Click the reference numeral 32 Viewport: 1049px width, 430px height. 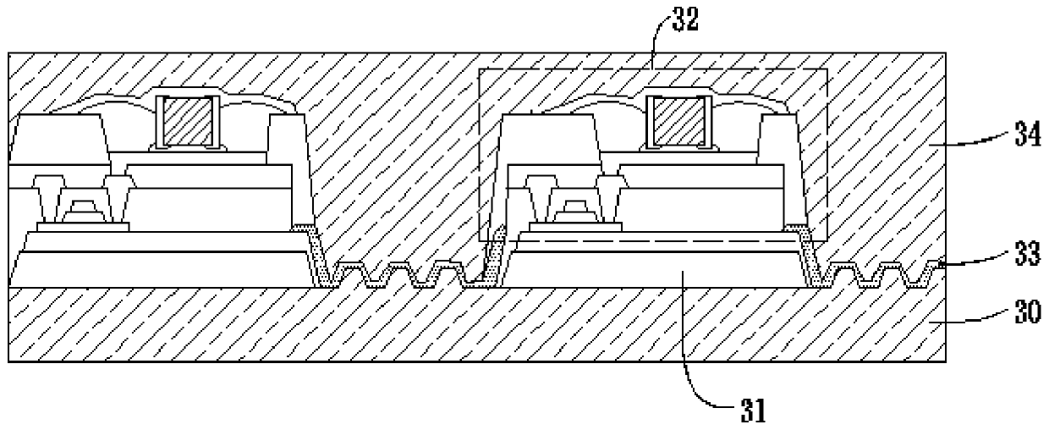tap(685, 21)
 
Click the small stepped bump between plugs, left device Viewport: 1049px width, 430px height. tap(82, 207)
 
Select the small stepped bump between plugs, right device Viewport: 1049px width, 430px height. tap(575, 207)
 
